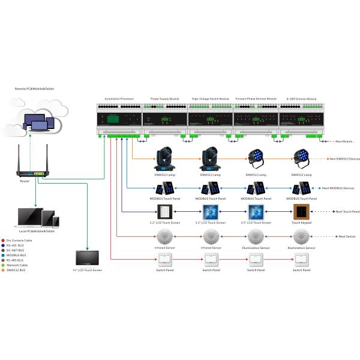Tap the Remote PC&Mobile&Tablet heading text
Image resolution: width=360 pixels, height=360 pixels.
pos(32,89)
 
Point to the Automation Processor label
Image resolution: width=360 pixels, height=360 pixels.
pos(119,98)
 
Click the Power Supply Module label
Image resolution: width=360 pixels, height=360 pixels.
pos(164,98)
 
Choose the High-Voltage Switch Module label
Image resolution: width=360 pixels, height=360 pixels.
pos(210,98)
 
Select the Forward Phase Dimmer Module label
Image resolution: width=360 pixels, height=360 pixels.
pos(256,98)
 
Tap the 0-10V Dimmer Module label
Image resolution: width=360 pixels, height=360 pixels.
pos(301,98)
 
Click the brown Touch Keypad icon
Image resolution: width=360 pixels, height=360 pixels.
pos(301,212)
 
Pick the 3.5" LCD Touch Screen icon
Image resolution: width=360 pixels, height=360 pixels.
pos(256,212)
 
